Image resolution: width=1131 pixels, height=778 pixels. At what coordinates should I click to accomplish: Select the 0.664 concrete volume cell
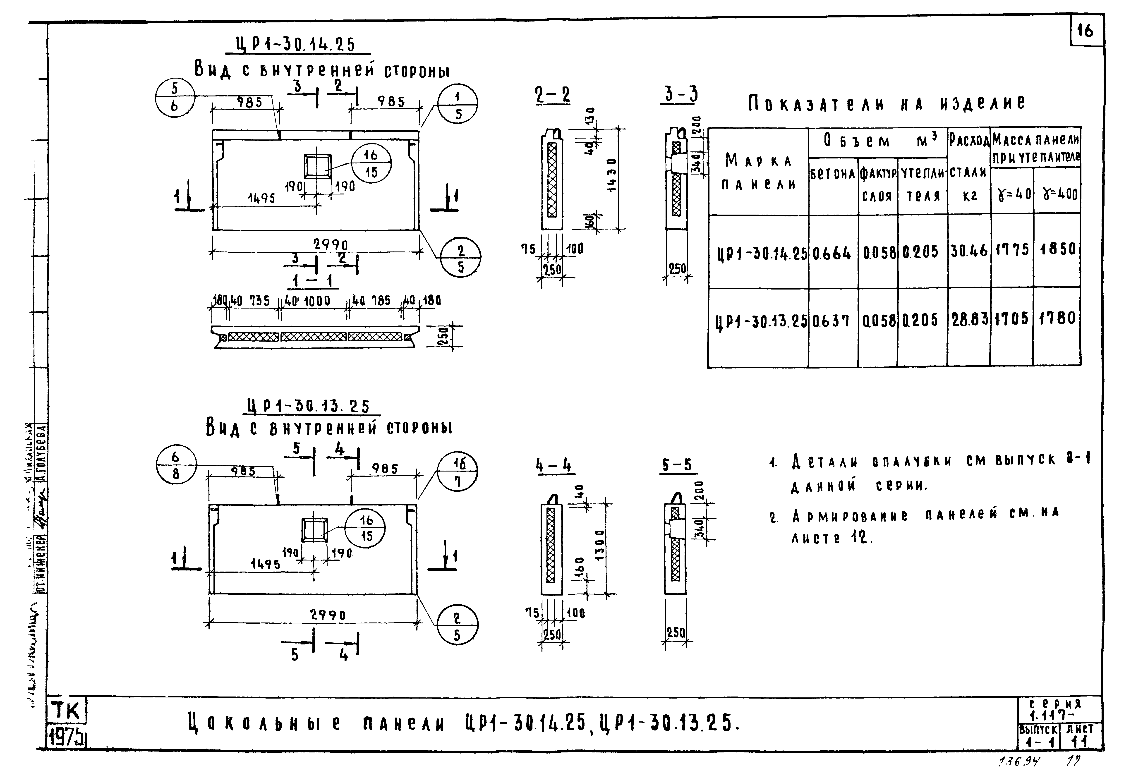coord(832,253)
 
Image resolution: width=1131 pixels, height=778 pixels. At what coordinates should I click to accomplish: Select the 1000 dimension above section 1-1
coord(317,301)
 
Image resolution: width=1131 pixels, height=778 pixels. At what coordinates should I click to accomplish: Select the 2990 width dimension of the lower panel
coord(328,615)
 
